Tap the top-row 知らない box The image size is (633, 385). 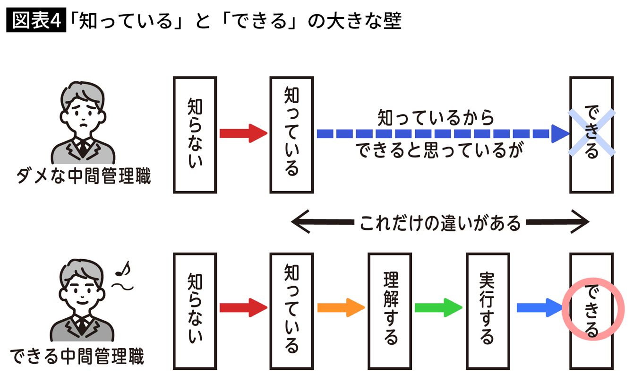point(195,135)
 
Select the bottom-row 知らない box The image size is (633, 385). point(195,310)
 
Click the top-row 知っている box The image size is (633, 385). point(291,135)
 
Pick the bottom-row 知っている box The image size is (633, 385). point(291,310)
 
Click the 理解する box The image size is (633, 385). point(390,310)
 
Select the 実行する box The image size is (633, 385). point(488,310)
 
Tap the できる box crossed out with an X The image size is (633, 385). point(591,135)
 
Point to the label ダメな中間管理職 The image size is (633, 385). point(83,177)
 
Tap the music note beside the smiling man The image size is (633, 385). point(124,270)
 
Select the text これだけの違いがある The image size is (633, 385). point(440,222)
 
